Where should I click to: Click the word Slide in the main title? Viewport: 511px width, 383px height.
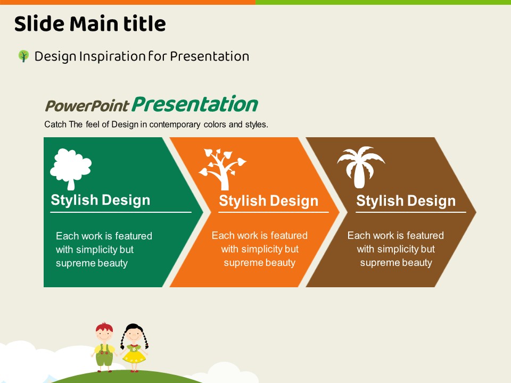point(39,24)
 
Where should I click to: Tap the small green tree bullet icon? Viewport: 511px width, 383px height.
point(23,56)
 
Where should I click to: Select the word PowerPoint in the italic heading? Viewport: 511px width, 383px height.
point(87,105)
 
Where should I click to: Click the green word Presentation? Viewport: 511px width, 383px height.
point(195,104)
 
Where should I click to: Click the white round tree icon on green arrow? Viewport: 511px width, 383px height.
point(71,169)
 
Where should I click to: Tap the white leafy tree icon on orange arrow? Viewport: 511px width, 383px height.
point(222,169)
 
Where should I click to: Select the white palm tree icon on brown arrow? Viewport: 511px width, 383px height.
point(361,167)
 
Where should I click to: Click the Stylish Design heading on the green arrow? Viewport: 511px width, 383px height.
point(101,200)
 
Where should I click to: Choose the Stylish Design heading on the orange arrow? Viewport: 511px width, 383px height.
point(268,201)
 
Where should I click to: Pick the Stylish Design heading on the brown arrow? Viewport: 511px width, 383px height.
point(406,201)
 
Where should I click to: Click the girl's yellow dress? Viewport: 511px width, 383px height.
point(134,354)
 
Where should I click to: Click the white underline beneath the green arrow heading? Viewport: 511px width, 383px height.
point(121,212)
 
